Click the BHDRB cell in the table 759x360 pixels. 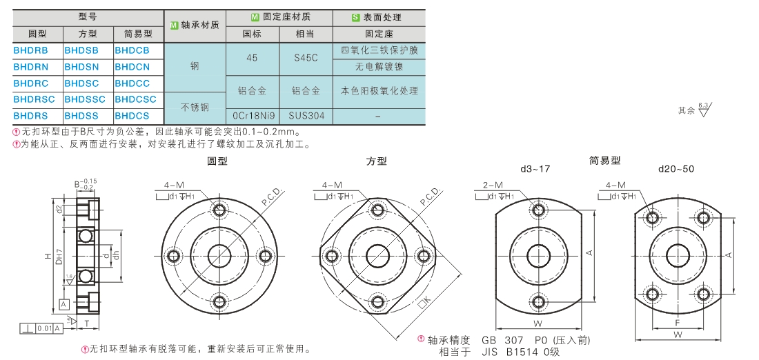click(30, 50)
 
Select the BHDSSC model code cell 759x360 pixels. click(86, 99)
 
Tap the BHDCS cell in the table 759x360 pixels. click(132, 116)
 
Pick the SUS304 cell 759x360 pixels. click(306, 116)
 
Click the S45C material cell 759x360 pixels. click(306, 59)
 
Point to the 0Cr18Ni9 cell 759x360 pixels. click(253, 116)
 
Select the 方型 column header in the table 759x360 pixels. click(88, 33)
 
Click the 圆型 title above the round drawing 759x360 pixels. click(217, 161)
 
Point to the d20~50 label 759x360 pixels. click(677, 169)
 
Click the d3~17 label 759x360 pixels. click(535, 169)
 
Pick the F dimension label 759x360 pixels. click(678, 322)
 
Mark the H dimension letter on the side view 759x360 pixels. click(48, 257)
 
